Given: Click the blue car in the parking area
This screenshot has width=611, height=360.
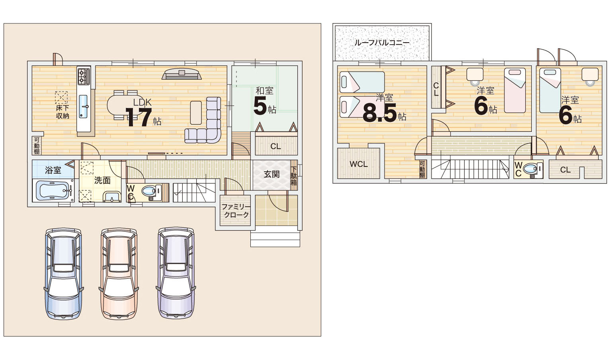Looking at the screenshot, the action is pos(64,274).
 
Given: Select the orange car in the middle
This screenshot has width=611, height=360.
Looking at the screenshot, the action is pos(119,274).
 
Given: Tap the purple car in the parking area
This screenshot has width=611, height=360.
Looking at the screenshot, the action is pos(176,273).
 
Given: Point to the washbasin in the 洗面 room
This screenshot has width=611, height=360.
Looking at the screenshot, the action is pos(112,196).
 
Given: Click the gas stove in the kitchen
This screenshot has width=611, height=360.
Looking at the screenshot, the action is pos(84,76).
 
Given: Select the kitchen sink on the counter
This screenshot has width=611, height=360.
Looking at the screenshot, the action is pos(84,106).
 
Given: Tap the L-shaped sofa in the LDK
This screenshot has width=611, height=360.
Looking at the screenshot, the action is pos(203,120).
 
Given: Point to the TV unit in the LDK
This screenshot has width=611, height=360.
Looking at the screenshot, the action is pos(182,74).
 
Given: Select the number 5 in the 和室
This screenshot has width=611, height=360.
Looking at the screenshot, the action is pos(260,106).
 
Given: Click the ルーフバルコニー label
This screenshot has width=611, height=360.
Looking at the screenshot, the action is pos(382,43).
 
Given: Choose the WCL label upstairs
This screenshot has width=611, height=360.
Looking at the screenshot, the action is pos(359,164).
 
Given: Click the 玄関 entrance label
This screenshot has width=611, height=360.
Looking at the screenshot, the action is pos(272,174).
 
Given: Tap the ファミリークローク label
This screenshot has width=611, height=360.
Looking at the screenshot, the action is pos(236,210).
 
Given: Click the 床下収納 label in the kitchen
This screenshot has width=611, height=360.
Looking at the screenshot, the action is pos(62,112).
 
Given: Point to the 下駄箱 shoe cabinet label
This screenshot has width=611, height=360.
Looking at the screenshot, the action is pos(293,176).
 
